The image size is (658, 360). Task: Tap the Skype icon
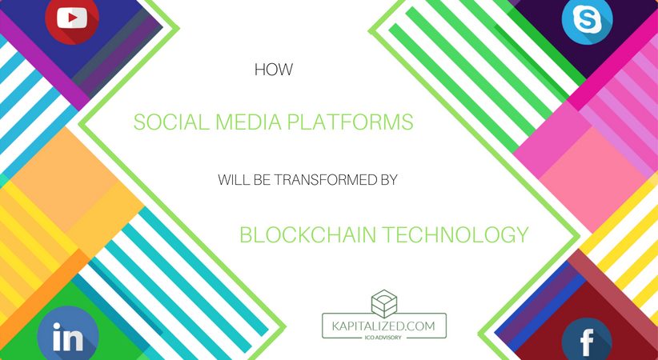point(587,20)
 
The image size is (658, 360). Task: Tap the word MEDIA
point(240,122)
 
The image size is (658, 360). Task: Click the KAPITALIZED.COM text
point(384,327)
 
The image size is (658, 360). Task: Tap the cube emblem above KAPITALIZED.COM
point(384,302)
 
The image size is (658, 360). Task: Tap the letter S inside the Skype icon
point(587,20)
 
